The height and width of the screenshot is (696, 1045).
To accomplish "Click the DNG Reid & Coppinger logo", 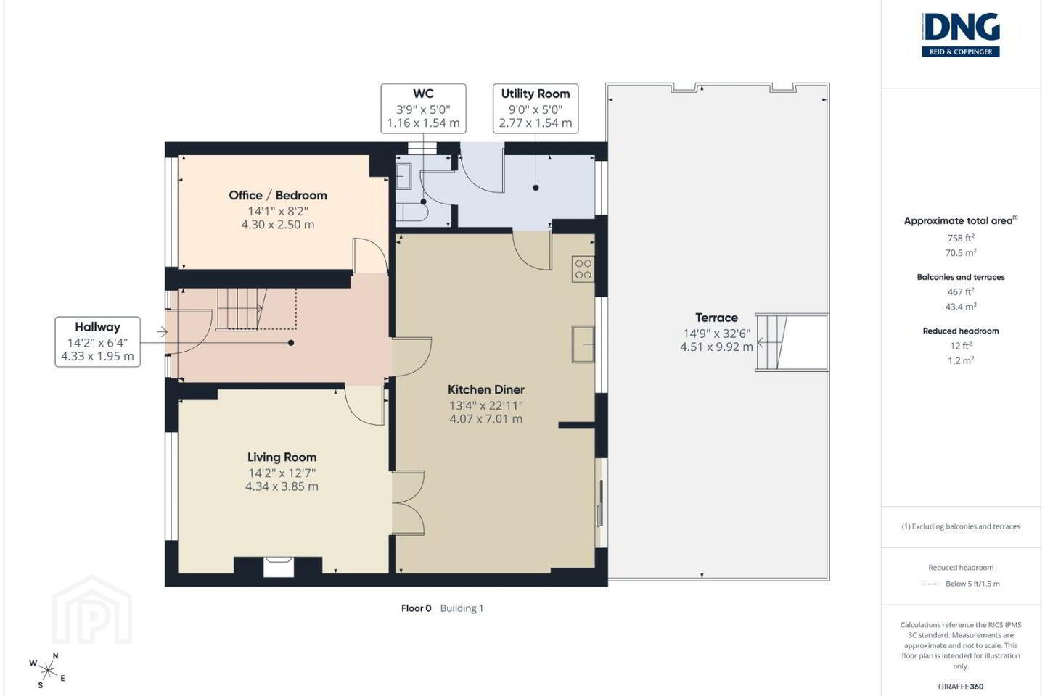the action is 961,35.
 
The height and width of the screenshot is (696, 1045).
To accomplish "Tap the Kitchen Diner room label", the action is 486,390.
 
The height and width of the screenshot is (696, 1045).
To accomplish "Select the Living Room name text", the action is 282,457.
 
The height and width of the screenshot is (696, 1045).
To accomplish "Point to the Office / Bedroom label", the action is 277,195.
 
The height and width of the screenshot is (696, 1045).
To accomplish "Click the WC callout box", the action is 423,109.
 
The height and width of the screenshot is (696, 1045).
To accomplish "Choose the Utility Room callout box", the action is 536,109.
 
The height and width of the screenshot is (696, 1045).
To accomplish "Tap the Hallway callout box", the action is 97,341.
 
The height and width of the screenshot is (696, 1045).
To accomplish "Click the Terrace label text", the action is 716,318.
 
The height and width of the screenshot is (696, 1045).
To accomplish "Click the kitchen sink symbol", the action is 583,344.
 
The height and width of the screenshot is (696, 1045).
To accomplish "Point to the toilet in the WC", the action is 411,212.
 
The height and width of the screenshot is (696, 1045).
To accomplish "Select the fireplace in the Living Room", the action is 279,567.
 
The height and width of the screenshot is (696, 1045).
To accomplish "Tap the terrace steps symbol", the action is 771,343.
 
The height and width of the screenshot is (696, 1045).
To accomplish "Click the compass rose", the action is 47,671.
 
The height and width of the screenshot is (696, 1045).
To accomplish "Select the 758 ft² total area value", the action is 961,238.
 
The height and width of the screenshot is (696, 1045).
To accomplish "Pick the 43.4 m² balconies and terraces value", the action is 961,307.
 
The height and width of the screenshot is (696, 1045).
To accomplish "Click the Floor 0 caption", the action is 416,608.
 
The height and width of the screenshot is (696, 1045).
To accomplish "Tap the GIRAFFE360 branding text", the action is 961,687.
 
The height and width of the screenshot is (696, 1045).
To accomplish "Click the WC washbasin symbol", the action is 403,175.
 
